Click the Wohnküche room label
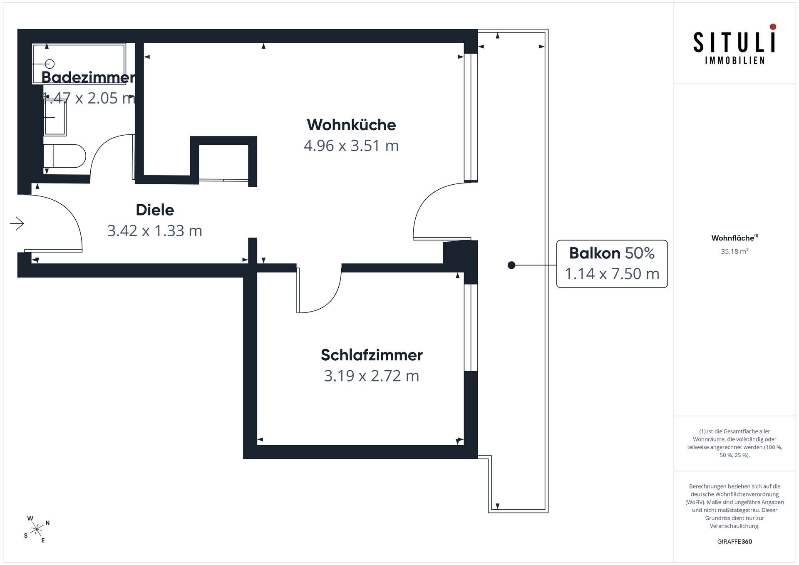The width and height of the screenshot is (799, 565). pos(351,125)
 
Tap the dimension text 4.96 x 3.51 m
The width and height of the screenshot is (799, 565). pos(351,146)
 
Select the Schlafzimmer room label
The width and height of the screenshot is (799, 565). pos(372,355)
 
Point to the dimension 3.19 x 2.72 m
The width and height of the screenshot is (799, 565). pos(372,376)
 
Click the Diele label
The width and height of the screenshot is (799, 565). pos(155,210)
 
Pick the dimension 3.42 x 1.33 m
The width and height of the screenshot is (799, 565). pos(155,230)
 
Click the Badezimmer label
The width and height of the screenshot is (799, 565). pos(88,77)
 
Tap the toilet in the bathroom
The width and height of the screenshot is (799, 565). pos(65,156)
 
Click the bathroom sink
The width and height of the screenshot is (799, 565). pos(55,117)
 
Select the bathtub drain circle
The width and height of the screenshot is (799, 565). pos(50,64)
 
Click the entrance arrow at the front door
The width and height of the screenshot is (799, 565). pos(17,223)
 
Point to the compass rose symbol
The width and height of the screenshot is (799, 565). pos(37,529)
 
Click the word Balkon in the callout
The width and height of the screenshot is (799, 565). pos(595,253)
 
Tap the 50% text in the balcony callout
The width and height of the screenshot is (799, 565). pos(640,253)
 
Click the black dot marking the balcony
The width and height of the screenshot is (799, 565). pos(511,265)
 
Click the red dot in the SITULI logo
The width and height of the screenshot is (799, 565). pos(773,27)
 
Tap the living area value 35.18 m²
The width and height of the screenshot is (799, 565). pos(734,251)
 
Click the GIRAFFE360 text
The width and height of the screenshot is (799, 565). pos(734,541)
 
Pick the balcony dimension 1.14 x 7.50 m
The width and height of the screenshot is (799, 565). pos(612,274)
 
